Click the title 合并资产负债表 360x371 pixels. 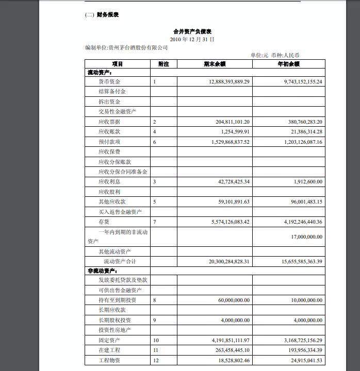(192, 31)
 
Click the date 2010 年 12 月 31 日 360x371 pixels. (192, 39)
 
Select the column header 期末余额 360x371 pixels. (215, 64)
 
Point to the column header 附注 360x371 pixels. (163, 64)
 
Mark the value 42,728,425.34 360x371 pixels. (228, 181)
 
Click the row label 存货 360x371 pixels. (104, 222)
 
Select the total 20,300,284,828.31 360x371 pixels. (223, 261)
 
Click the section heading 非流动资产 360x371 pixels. (102, 271)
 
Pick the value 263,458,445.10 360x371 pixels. (227, 350)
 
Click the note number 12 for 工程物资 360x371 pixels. (156, 360)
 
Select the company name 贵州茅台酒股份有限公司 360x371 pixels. (138, 47)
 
